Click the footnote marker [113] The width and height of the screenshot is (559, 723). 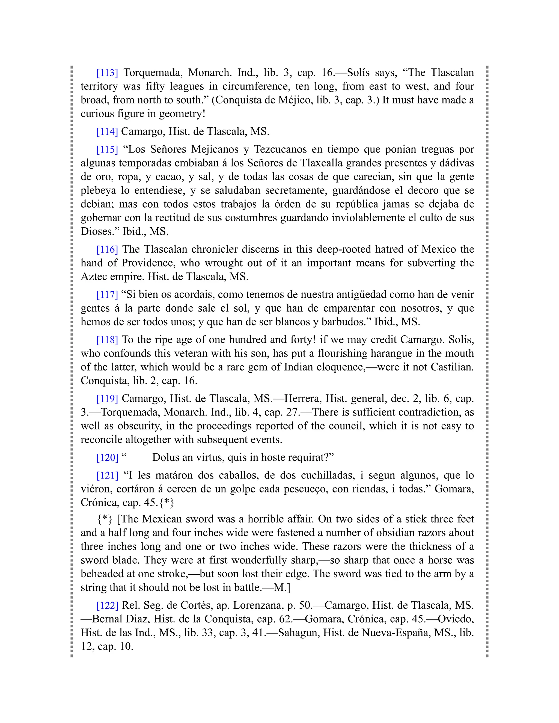click(107, 73)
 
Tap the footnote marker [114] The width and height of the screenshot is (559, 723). click(107, 132)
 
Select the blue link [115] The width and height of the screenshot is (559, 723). click(107, 149)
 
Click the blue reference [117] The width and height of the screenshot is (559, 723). click(107, 294)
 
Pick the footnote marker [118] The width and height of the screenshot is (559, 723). click(107, 339)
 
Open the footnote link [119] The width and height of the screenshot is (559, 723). click(107, 398)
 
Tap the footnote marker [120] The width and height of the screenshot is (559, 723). click(107, 457)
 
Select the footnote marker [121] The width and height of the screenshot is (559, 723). click(107, 475)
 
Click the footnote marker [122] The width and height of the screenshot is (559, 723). click(107, 605)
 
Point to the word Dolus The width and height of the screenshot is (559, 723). click(166, 457)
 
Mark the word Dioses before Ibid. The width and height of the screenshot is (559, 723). click(99, 231)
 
